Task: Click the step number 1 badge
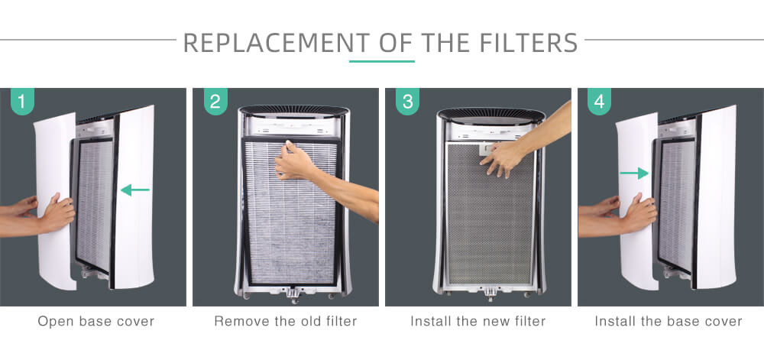click(22, 102)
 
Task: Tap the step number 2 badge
click(215, 102)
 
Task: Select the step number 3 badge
click(408, 102)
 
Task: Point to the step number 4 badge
click(600, 102)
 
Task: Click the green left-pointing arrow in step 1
click(135, 190)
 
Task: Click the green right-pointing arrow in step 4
click(634, 173)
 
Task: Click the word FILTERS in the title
click(529, 43)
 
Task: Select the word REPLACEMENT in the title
click(277, 43)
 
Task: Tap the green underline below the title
click(382, 61)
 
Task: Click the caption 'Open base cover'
click(96, 322)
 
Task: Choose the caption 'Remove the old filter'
click(286, 322)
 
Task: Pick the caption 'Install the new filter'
click(478, 322)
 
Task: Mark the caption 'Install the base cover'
click(668, 322)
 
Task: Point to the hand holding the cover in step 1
click(56, 213)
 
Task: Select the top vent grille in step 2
click(294, 110)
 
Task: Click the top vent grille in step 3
click(491, 115)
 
